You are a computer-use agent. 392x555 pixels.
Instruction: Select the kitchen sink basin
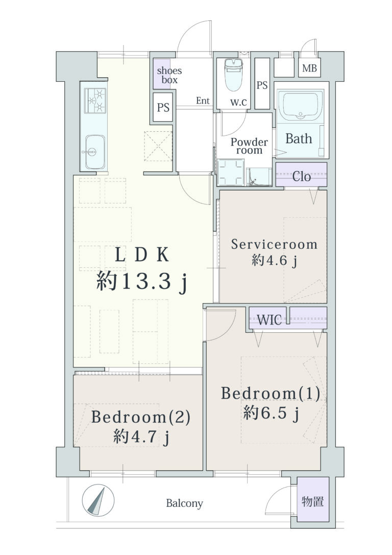click(95, 152)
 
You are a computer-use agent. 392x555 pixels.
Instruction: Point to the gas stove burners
click(95, 100)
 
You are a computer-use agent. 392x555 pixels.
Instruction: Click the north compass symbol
click(98, 500)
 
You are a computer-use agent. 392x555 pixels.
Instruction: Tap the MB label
click(309, 67)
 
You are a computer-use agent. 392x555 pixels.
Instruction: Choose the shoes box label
click(169, 75)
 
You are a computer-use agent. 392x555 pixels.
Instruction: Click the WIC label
click(269, 320)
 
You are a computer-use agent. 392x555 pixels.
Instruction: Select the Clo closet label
click(301, 176)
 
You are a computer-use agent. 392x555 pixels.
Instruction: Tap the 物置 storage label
click(312, 501)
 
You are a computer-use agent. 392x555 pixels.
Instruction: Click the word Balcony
click(184, 503)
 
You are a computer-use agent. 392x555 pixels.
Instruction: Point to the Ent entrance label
click(203, 101)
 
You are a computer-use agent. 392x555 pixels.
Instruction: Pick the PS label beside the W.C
click(262, 85)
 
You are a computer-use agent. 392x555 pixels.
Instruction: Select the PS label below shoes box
click(163, 107)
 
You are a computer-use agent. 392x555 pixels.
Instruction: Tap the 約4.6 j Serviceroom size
click(274, 261)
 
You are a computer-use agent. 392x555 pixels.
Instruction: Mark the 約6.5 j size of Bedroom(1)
click(271, 413)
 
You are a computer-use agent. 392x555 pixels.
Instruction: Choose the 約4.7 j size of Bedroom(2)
click(141, 437)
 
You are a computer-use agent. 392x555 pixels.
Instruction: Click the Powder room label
click(249, 146)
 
